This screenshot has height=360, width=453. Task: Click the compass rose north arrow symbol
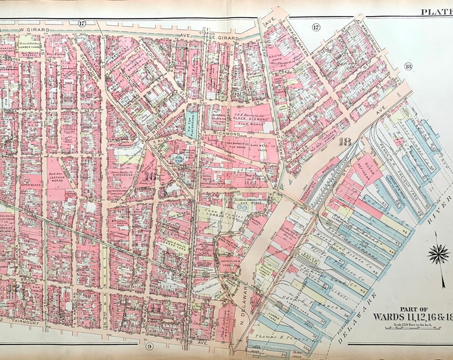coord(438,253)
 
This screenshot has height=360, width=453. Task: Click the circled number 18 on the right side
coord(408,65)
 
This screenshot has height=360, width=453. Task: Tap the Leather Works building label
coord(57,179)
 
